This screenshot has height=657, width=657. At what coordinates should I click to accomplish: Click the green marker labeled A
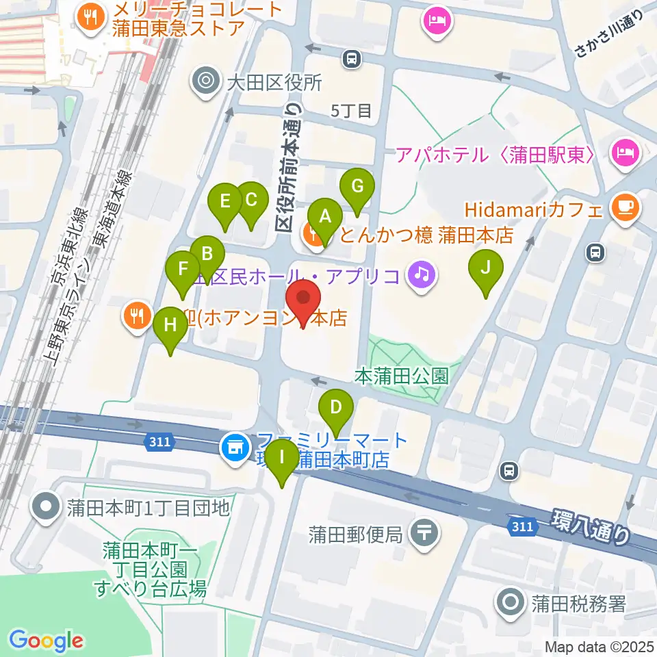(x=326, y=218)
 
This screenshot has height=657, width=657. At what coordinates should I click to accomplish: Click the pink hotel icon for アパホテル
(x=625, y=152)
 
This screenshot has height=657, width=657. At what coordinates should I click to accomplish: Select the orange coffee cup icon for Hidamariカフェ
(x=625, y=207)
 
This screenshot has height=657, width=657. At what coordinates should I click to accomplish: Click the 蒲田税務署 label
(x=578, y=604)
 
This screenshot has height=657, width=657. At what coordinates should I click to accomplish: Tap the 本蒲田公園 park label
(x=402, y=375)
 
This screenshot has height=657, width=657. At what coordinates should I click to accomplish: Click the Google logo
(x=46, y=641)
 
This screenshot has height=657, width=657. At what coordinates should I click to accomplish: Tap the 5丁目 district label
(x=350, y=110)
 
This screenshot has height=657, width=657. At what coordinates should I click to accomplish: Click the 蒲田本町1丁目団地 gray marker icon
(x=47, y=507)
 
